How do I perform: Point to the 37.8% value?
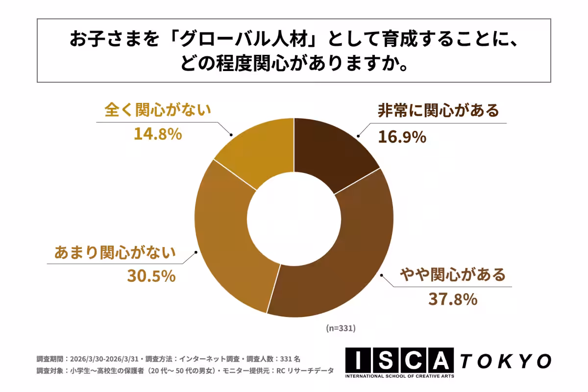pos(453,299)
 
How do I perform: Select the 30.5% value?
pos(151,276)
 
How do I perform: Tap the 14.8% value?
pos(158,134)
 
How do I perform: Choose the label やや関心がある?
pos(452,274)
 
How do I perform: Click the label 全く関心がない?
pos(158,109)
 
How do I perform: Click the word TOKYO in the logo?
pos(505,361)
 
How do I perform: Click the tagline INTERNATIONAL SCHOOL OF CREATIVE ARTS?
pos(399,376)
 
